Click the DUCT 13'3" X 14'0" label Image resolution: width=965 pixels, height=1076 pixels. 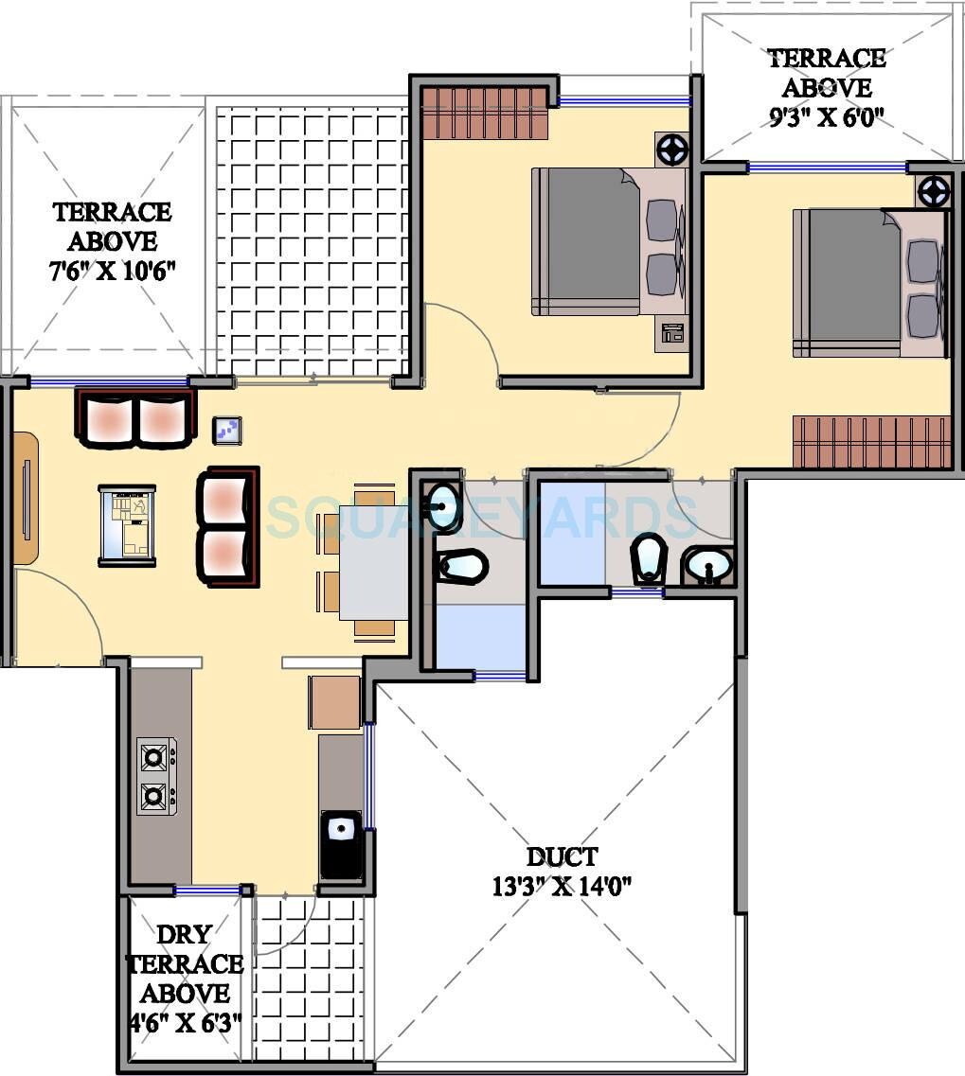coord(562,871)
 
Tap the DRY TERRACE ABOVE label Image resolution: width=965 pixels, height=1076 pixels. coord(185,963)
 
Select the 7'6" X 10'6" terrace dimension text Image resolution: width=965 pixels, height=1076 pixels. coord(113,273)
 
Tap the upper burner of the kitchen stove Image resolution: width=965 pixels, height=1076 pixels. coord(154,756)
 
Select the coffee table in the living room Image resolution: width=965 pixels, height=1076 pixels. coord(127,525)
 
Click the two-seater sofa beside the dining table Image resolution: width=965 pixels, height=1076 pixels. coord(227,526)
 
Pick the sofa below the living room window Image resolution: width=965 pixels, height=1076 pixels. coord(134,418)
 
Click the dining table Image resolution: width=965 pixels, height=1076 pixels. coord(373,562)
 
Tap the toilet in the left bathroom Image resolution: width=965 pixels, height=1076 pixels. coord(462,567)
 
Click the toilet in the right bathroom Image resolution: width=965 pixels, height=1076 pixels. coord(649,558)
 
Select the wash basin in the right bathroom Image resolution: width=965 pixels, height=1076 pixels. coord(707,567)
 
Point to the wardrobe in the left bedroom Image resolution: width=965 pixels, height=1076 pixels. coord(485,113)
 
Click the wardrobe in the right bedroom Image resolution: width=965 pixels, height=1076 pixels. coord(871,442)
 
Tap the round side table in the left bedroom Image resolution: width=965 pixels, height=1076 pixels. coord(671,149)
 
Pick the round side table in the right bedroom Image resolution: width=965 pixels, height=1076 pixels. coord(933,191)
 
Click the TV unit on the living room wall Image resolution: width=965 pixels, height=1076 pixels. coord(26,498)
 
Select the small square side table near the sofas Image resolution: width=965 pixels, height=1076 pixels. coord(227,431)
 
